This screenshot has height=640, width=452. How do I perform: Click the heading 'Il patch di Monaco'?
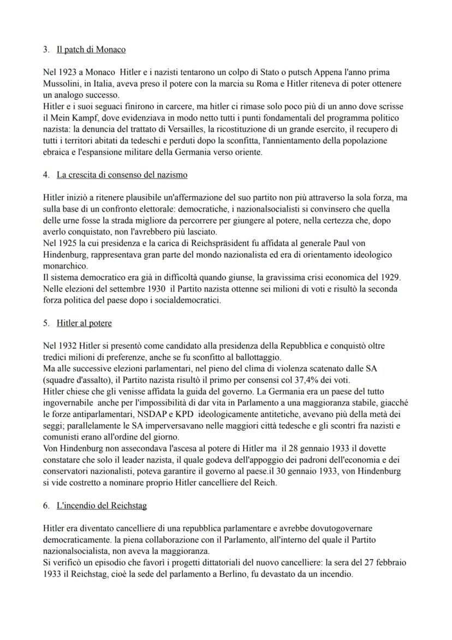point(91,50)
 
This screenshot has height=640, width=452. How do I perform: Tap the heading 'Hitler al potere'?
point(84,323)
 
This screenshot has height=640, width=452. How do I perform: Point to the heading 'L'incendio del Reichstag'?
point(102,506)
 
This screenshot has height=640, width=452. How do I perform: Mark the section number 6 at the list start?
point(46,506)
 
